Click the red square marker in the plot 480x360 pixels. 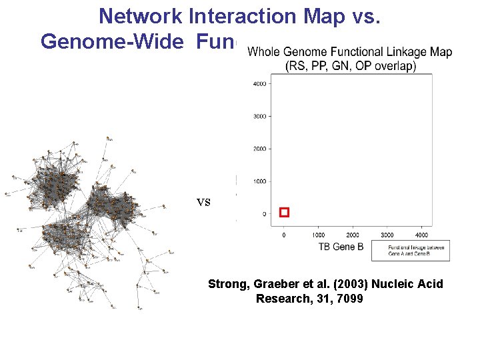click(284, 213)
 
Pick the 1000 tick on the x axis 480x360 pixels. click(319, 235)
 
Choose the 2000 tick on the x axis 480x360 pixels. click(353, 235)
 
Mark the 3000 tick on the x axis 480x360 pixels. click(387, 235)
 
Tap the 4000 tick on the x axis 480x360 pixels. click(421, 235)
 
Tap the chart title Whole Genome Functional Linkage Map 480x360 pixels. click(349, 52)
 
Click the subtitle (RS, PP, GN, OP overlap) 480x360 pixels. click(350, 65)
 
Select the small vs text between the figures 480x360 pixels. click(203, 202)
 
